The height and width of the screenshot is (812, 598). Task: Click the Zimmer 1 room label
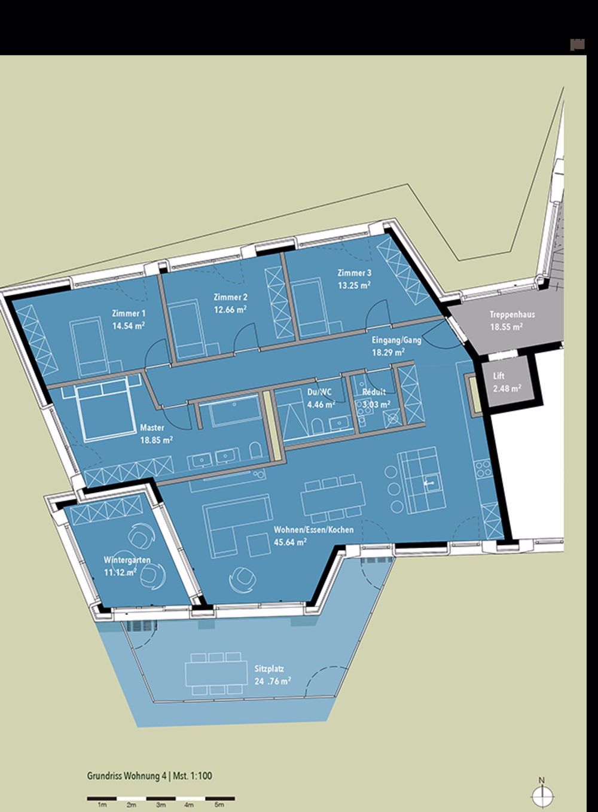129,313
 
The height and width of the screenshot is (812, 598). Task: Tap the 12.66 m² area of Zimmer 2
230,310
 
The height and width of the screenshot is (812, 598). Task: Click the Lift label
499,377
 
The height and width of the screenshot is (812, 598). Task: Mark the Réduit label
374,392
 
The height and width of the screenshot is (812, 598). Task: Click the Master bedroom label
152,428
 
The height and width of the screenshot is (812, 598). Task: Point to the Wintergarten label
126,560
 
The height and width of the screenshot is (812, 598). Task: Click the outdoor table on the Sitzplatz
216,674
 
